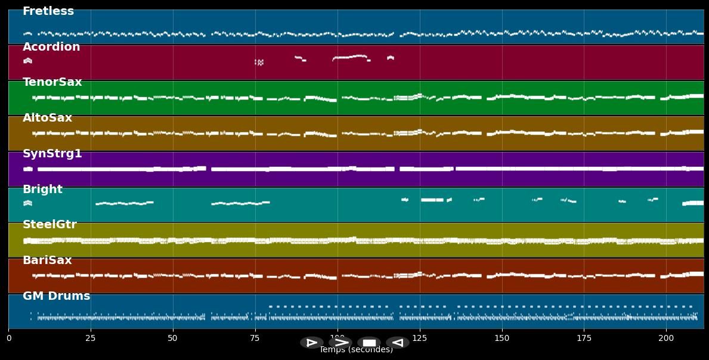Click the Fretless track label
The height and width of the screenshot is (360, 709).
pyautogui.click(x=48, y=11)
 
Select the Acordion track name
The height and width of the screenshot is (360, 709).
pyautogui.click(x=51, y=47)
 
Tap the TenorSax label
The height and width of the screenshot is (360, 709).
pyautogui.click(x=52, y=82)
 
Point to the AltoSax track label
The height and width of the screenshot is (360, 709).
pyautogui.click(x=47, y=118)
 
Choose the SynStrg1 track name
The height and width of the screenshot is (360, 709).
pyautogui.click(x=52, y=154)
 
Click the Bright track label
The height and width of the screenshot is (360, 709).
pyautogui.click(x=42, y=190)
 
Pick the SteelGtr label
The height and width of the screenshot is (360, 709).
pyautogui.click(x=49, y=225)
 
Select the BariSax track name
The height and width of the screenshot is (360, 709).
pyautogui.click(x=47, y=260)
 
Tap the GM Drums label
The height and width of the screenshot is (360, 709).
pyautogui.click(x=57, y=296)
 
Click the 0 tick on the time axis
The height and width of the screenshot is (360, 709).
pyautogui.click(x=9, y=338)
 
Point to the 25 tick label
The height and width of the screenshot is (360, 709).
pyautogui.click(x=91, y=338)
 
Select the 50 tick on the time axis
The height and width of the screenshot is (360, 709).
pyautogui.click(x=173, y=338)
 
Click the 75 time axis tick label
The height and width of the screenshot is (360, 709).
pyautogui.click(x=255, y=338)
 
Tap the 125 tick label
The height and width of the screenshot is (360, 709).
pyautogui.click(x=420, y=338)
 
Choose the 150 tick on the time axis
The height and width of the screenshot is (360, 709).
pyautogui.click(x=502, y=338)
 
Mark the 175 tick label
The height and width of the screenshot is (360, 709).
pyautogui.click(x=584, y=338)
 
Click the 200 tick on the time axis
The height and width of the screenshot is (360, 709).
pyautogui.click(x=666, y=338)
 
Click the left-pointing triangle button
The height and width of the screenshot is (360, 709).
pyautogui.click(x=397, y=343)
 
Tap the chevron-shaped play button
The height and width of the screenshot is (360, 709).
pyautogui.click(x=340, y=343)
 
